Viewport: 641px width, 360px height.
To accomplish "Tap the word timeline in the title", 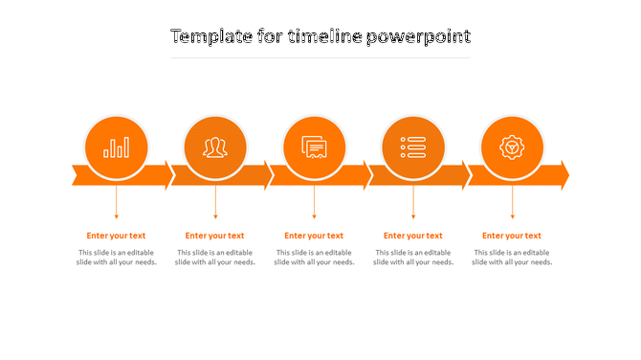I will tap(324, 36).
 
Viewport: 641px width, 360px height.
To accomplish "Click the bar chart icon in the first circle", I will tap(117, 147).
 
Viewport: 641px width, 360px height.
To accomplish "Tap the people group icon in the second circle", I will tap(215, 147).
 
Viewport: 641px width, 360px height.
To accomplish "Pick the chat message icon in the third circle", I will tap(314, 147).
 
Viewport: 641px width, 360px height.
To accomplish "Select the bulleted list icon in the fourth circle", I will tap(413, 147).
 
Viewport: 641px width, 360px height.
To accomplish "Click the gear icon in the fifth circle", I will tap(512, 147).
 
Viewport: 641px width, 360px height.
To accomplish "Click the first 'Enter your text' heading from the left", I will tap(116, 236).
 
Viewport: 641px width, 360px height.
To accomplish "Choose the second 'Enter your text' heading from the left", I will tap(215, 236).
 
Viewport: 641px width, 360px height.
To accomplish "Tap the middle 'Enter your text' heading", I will tap(314, 236).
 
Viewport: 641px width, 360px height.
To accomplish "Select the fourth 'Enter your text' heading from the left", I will tap(413, 236).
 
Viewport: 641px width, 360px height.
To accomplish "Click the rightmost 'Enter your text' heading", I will tap(512, 236).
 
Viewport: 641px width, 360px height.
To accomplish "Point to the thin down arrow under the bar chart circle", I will tap(117, 203).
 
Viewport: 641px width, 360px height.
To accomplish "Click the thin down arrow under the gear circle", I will tap(512, 203).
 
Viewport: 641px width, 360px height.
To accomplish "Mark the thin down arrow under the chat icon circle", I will tap(314, 203).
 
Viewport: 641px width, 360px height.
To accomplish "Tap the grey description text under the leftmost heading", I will tap(117, 258).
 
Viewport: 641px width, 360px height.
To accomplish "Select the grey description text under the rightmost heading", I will tap(512, 258).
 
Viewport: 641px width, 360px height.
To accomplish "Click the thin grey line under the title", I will tap(320, 57).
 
